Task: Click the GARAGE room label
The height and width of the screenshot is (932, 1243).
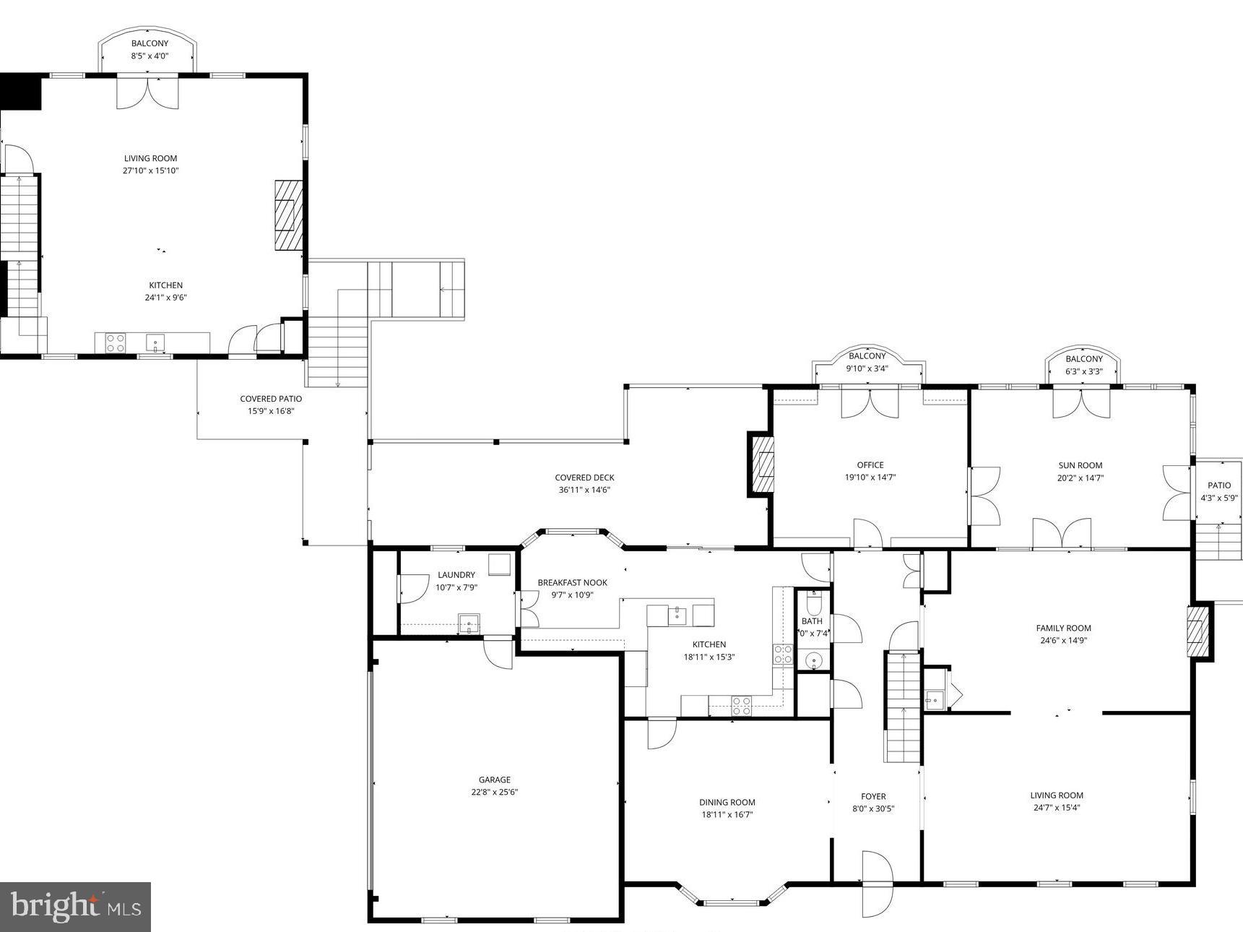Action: pyautogui.click(x=494, y=780)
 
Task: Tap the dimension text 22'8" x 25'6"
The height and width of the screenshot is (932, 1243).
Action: pyautogui.click(x=494, y=792)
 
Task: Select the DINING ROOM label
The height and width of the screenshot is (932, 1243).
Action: pyautogui.click(x=727, y=802)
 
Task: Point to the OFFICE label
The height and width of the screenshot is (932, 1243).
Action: pyautogui.click(x=870, y=465)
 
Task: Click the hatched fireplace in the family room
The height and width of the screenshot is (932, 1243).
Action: pyautogui.click(x=1198, y=632)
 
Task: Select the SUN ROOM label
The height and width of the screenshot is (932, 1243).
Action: pyautogui.click(x=1080, y=465)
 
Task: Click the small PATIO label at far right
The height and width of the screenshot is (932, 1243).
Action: pyautogui.click(x=1219, y=486)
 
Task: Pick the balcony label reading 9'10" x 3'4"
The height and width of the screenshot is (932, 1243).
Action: pyautogui.click(x=867, y=368)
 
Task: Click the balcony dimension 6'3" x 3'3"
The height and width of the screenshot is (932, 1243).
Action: pyautogui.click(x=1084, y=371)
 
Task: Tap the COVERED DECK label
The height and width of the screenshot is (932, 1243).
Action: pyautogui.click(x=584, y=478)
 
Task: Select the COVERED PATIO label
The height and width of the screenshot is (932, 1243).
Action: pyautogui.click(x=271, y=399)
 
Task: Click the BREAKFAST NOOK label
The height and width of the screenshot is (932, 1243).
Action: pyautogui.click(x=572, y=582)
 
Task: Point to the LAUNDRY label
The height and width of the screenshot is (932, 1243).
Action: pyautogui.click(x=456, y=575)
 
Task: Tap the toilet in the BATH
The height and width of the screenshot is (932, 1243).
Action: pyautogui.click(x=813, y=603)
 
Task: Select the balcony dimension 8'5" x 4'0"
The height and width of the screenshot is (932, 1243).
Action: pyautogui.click(x=150, y=56)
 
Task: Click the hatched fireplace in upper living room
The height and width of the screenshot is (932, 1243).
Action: pyautogui.click(x=288, y=215)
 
